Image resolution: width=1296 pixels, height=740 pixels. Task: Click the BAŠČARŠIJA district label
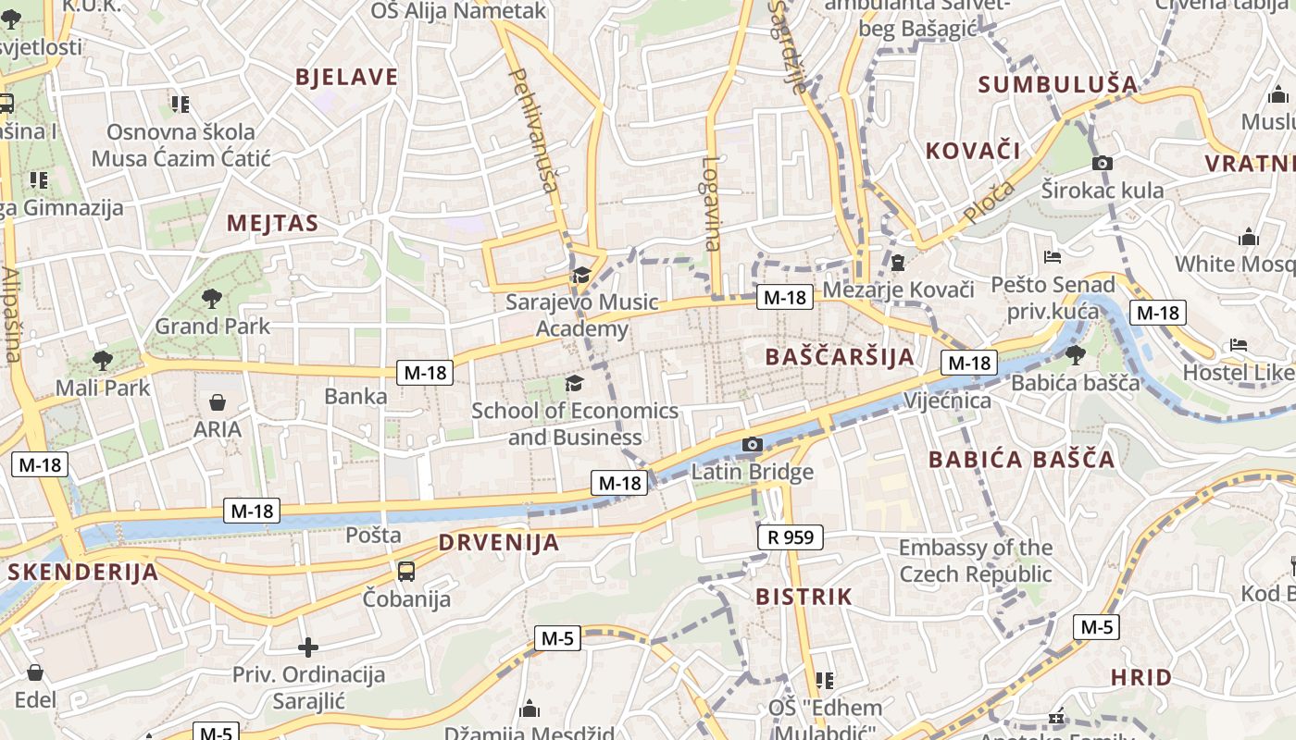840,356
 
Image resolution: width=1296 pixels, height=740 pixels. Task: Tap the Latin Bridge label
753,472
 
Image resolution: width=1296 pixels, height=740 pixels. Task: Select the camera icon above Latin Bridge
753,445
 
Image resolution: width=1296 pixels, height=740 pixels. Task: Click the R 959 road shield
790,536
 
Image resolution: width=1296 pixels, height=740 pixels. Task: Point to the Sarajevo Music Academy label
582,314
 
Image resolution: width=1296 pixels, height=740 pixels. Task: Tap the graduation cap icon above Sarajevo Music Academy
582,275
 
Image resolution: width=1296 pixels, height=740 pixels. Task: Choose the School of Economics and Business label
575,423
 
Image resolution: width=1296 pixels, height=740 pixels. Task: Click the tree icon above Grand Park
212,298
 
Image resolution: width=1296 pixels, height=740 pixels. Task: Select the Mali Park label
103,388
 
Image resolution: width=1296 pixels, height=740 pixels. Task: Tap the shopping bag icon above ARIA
218,402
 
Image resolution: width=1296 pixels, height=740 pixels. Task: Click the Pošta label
373,535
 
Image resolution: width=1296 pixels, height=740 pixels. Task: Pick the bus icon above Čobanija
406,571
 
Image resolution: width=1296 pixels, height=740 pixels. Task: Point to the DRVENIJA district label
499,542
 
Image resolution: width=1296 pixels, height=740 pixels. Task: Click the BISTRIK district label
804,597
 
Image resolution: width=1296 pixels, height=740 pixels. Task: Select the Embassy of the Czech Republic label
976,561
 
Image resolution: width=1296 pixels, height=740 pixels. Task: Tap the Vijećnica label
947,401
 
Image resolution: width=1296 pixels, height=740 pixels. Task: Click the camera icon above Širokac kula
1103,164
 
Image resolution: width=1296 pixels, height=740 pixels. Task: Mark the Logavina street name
711,203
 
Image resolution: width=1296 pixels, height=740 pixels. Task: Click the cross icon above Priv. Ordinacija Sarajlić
308,647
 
